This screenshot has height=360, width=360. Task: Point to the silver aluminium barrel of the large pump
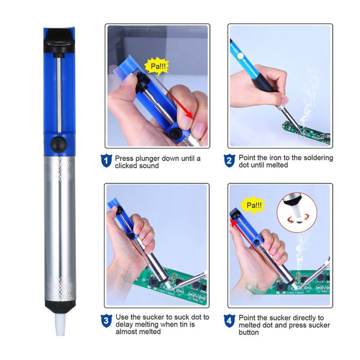[x=59, y=225]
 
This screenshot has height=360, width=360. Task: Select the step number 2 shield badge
[x=229, y=160]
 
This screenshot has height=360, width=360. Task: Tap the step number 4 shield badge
[x=229, y=320]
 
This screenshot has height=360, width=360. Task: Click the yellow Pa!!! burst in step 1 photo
[x=156, y=65]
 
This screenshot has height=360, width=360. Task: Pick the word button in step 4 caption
[x=250, y=332]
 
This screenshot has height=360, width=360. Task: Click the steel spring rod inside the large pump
[x=60, y=90]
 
